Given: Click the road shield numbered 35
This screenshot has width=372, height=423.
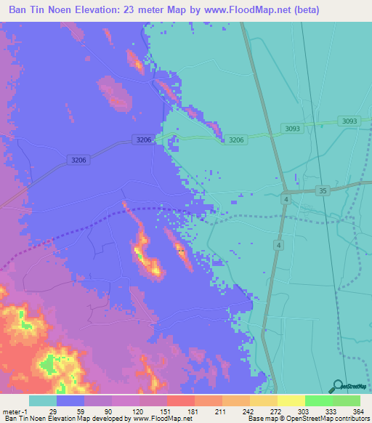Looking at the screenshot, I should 323,190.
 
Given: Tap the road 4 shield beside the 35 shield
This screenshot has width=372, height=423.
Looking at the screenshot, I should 287,199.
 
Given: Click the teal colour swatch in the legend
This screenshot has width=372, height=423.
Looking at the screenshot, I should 43,400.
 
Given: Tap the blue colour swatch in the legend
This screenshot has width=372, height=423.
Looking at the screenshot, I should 70,400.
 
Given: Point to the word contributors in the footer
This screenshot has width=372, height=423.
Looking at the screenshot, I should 349,419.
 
